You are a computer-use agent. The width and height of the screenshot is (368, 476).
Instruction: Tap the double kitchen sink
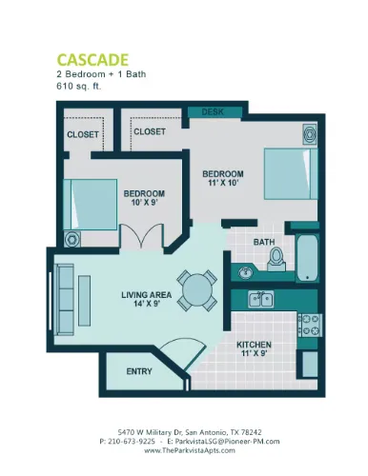pos(260,301)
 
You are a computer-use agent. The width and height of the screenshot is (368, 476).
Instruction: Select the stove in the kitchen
pos(309,327)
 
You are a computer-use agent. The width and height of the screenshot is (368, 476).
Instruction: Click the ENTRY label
pos(139,371)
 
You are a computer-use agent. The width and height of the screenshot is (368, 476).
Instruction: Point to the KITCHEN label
pos(255,344)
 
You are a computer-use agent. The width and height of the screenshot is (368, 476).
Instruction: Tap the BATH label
pos(263,242)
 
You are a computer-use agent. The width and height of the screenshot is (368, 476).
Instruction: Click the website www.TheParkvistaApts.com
pos(185,451)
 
